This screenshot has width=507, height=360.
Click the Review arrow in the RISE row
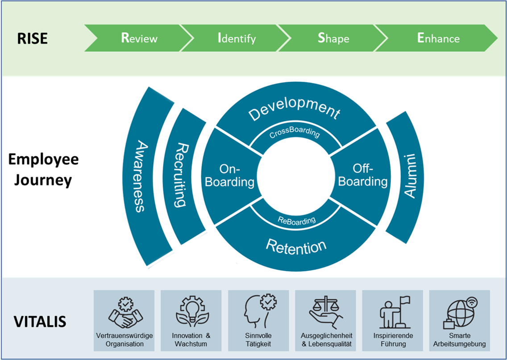[139, 38]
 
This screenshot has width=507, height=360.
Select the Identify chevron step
[237, 38]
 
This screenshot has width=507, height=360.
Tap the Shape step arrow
[333, 38]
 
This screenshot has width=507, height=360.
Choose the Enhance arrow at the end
[438, 38]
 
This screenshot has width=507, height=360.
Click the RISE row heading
[32, 39]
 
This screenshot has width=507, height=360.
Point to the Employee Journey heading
[43, 170]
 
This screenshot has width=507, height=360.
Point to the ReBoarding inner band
[296, 220]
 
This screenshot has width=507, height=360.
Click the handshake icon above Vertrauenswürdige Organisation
[125, 313]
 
